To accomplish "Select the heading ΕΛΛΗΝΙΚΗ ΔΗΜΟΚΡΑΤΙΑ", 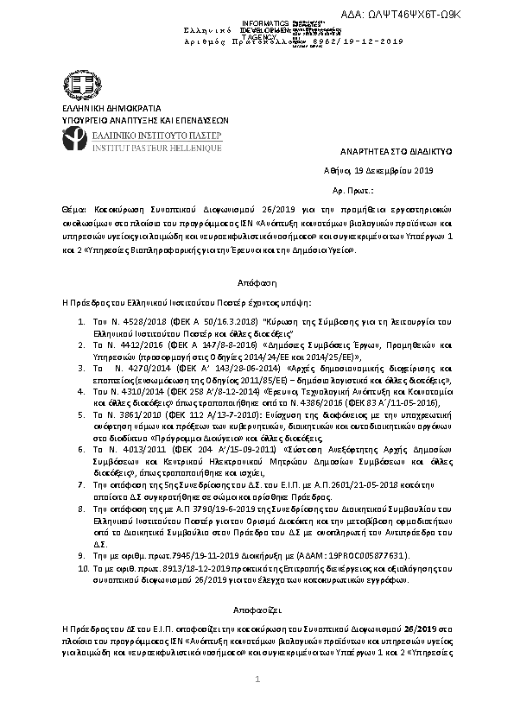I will tap(98, 111).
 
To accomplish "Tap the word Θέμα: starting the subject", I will tap(72, 210).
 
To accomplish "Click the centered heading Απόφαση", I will tap(257, 282).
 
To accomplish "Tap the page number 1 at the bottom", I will tap(257, 706).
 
